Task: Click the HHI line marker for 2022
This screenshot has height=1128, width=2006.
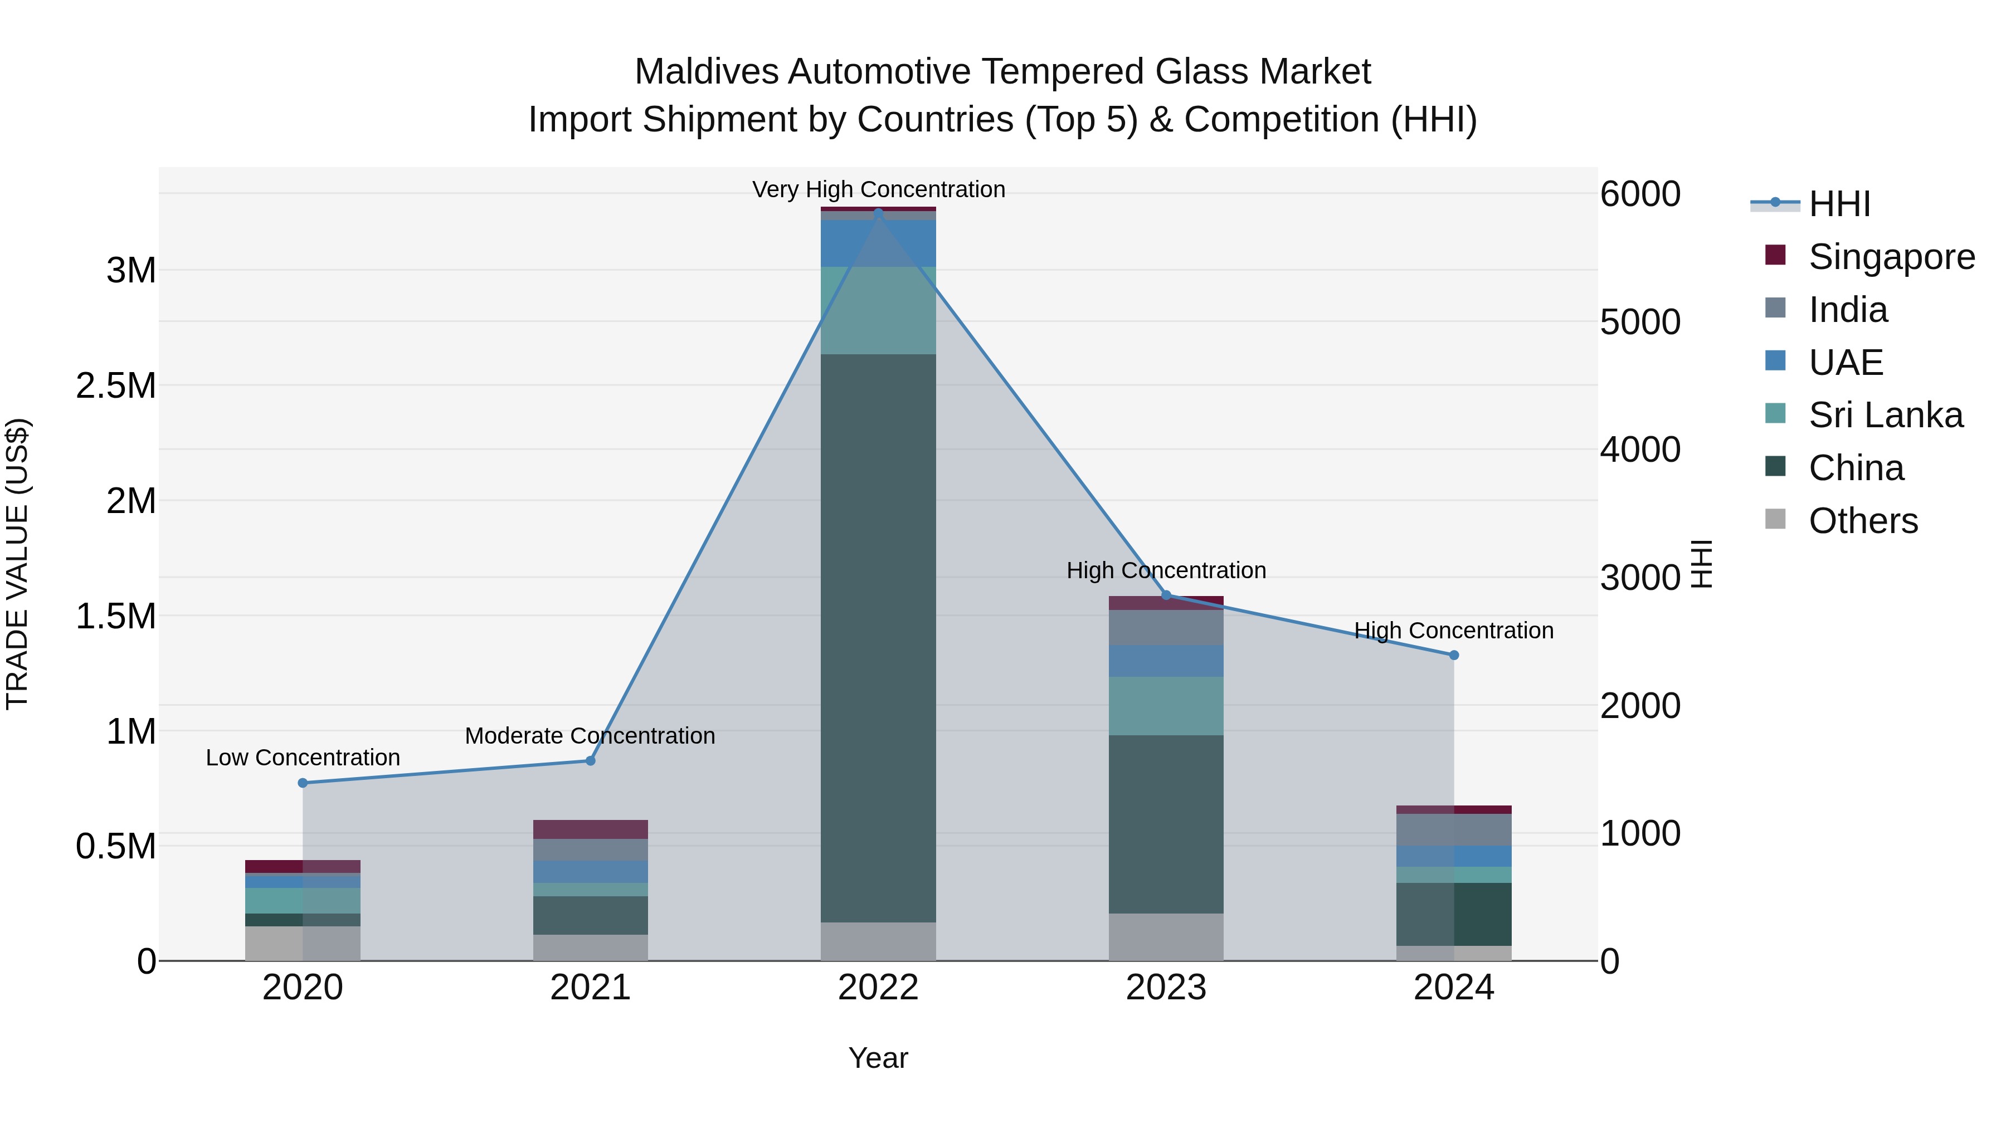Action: coord(878,213)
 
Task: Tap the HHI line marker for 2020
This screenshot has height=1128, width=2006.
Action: coord(303,783)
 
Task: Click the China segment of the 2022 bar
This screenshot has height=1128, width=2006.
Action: coord(878,638)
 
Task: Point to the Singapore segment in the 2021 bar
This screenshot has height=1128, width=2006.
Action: coord(590,829)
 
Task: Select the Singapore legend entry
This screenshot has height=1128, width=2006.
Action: coord(1891,257)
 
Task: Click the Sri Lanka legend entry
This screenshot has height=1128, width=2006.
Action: coord(1885,415)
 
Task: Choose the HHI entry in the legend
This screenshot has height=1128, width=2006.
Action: coord(1839,204)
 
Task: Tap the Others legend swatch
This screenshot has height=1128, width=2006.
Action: coord(1775,519)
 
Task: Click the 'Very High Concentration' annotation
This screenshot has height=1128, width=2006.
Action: coord(878,189)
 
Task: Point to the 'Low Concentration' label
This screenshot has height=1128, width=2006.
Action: coord(303,758)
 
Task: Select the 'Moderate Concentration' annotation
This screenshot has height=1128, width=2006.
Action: coord(590,736)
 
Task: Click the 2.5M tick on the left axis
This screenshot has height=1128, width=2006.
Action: coord(115,386)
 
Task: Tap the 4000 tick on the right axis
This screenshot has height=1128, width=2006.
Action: coord(1639,450)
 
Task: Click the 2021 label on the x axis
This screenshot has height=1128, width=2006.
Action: coord(590,988)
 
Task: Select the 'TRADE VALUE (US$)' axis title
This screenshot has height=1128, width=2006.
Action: coord(17,564)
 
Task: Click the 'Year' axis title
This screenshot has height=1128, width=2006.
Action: coord(878,1058)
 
